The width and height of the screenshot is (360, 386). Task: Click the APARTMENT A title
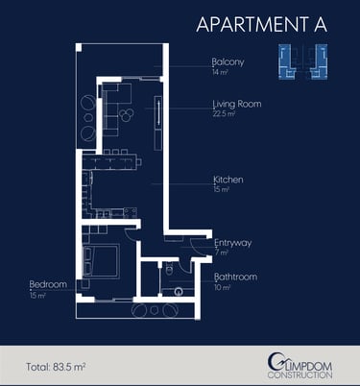pos(262,24)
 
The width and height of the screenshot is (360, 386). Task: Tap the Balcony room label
pos(228,61)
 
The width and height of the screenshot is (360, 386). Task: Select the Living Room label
pos(237,104)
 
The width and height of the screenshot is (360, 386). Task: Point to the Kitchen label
pos(228,180)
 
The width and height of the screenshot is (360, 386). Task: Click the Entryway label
pos(233,243)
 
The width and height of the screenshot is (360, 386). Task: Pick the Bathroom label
pos(236,277)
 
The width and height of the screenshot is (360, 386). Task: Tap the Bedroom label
pos(48,284)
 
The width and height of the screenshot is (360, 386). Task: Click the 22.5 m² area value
pos(224,113)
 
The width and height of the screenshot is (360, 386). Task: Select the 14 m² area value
pos(220,72)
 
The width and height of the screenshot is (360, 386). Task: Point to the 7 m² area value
pos(222,253)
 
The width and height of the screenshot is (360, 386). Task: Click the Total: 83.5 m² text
pos(56,367)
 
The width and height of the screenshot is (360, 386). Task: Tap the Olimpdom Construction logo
pos(300,366)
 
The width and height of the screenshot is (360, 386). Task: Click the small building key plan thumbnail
pos(302,61)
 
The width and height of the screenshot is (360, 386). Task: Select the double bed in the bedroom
pos(102,261)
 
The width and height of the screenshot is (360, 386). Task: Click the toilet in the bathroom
pos(170,269)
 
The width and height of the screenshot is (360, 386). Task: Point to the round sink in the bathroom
pos(179,292)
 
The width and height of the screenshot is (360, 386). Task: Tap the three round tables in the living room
pos(127,114)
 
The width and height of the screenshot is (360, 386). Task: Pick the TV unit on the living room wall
pos(158,123)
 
